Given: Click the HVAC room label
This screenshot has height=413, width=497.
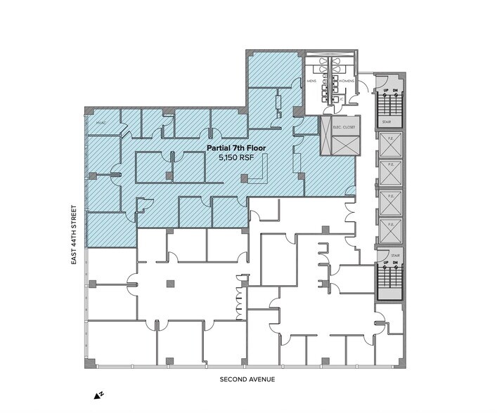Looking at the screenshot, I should tap(100, 122).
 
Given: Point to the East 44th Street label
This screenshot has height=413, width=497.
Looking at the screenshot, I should tap(72, 234).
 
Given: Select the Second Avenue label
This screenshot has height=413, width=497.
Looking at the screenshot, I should tap(247, 380).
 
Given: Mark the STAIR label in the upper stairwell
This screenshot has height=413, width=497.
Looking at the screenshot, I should tap(387, 121).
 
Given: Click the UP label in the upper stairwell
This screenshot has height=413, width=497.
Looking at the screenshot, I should tap(385, 91).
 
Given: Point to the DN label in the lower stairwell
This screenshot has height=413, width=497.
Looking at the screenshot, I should tap(395, 264).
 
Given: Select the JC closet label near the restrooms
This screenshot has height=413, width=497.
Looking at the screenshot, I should tap(340, 100).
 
